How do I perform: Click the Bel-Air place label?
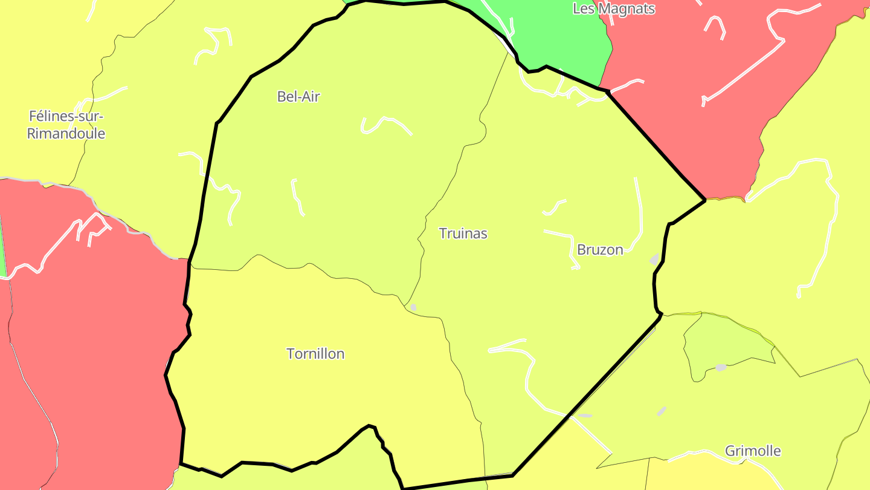coord(298,96)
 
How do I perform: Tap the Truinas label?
coord(463,234)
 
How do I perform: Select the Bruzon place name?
coord(600,249)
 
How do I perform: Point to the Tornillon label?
coord(315,353)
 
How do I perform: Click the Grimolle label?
coord(752,451)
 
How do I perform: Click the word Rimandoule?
coord(66,134)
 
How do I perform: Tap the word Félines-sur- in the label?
coord(66,116)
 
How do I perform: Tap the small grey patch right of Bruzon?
coord(654,259)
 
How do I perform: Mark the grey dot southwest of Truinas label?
coord(413,307)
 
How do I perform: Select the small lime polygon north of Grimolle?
coord(725,342)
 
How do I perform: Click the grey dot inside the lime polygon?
coord(721,367)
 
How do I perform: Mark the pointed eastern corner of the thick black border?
coord(704,200)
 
